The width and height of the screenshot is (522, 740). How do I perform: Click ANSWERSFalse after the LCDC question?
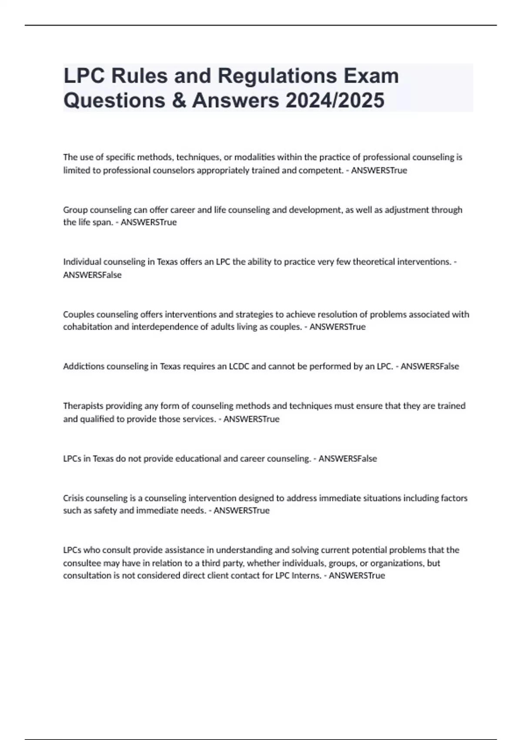(x=430, y=367)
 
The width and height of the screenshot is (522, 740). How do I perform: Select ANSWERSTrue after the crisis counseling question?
(x=241, y=511)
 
